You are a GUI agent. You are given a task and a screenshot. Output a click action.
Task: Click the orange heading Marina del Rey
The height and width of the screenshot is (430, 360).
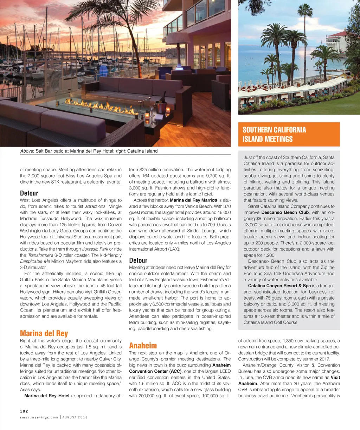[44, 333]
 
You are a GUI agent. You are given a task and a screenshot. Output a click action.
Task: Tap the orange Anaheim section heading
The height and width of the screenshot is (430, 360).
[143, 345]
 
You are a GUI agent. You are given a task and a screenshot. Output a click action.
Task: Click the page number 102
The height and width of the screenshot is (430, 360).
[24, 411]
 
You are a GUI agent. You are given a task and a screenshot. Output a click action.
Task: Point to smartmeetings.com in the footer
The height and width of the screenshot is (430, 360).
[39, 417]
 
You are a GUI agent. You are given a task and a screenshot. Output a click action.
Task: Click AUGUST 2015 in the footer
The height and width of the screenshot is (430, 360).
[75, 417]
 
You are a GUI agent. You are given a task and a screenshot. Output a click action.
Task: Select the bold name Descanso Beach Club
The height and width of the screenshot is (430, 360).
[285, 212]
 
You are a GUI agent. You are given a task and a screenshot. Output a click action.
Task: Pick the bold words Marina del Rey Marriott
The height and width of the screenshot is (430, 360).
[193, 200]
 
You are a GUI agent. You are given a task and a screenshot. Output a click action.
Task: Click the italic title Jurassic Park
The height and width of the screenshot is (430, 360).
[95, 249]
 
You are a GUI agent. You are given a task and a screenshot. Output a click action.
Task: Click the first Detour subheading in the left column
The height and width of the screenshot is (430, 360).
[29, 193]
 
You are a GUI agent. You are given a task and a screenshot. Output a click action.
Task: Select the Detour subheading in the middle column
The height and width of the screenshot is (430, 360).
[138, 260]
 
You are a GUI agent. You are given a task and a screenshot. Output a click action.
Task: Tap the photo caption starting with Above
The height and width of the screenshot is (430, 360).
[89, 151]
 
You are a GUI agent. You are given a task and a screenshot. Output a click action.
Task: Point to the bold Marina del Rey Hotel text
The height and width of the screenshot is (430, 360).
[47, 396]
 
